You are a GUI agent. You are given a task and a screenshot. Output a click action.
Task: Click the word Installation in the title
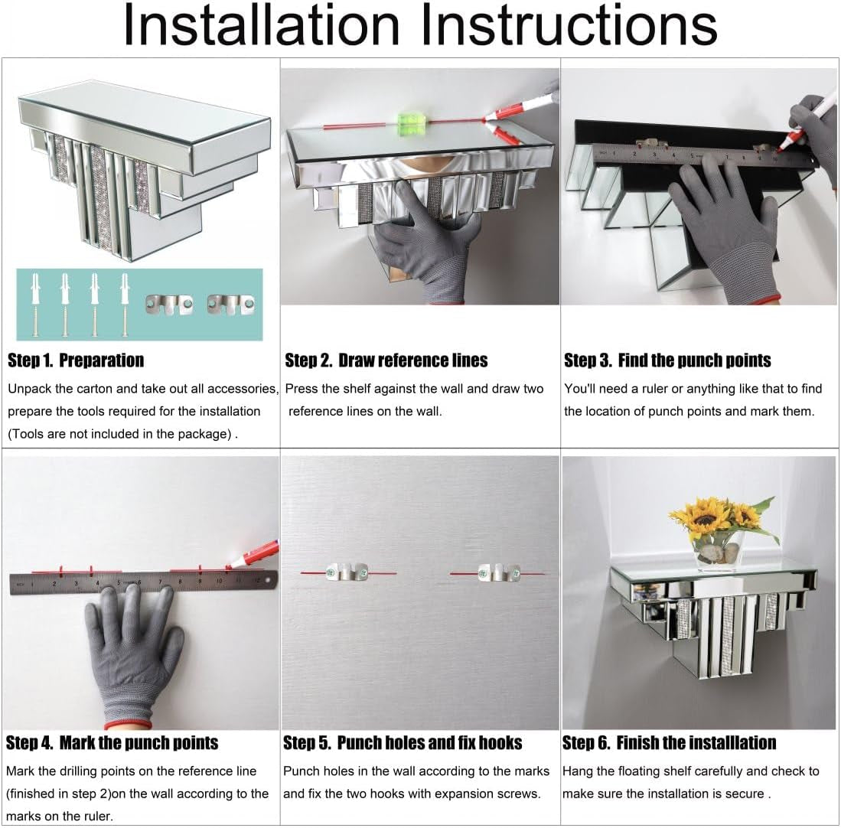[x=262, y=24]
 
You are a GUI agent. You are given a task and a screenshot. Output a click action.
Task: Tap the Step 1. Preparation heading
[x=76, y=360]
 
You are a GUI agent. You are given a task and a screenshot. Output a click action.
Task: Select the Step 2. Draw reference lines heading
[x=386, y=360]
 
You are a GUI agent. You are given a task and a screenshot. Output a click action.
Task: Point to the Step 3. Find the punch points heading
[x=667, y=360]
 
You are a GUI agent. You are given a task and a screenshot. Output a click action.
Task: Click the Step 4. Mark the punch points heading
[x=112, y=743]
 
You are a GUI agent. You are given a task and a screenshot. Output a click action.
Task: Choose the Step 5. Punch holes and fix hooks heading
[x=403, y=743]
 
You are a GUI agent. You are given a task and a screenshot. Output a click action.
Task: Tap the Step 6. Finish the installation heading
[x=670, y=743]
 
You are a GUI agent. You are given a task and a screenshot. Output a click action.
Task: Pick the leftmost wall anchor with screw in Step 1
[x=35, y=305]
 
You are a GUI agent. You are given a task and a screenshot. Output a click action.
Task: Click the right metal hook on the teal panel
[x=231, y=305]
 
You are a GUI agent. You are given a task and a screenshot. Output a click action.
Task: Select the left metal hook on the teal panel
[x=169, y=305]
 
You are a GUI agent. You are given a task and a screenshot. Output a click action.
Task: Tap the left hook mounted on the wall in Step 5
[x=347, y=572]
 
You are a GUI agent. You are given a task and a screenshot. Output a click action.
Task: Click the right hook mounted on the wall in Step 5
[x=499, y=572]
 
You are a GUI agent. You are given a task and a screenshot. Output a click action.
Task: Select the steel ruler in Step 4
[x=143, y=582]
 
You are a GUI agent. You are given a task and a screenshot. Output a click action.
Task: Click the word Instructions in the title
[x=569, y=24]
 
